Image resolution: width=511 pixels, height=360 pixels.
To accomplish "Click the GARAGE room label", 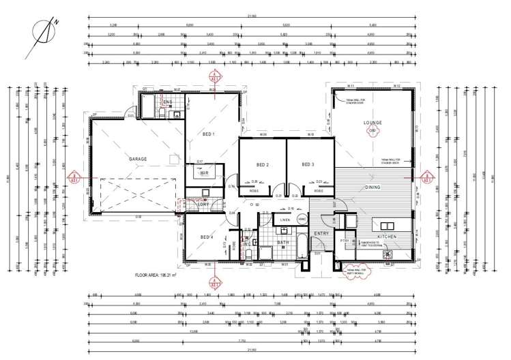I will [x=138, y=159].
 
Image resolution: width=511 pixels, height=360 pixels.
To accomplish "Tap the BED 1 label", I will [x=208, y=134].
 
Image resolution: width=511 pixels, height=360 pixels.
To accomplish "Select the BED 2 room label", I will [x=263, y=165].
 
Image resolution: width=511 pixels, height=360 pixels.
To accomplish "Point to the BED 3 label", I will [x=308, y=165].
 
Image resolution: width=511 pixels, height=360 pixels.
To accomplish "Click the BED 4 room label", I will [x=207, y=237].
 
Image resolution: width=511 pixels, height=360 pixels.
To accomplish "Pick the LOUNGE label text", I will [x=373, y=123].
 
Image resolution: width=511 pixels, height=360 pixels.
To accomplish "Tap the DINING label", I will [x=373, y=187].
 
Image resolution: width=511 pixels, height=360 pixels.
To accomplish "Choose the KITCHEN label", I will [x=387, y=236].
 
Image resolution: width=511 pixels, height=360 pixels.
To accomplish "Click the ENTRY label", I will [x=321, y=234].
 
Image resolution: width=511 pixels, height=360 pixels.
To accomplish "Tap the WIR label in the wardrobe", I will [x=203, y=174].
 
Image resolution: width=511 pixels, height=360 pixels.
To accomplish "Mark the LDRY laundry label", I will [x=203, y=205].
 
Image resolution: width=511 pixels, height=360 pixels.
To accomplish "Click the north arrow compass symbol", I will [x=43, y=31].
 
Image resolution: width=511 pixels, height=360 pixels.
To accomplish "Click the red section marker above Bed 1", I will [x=215, y=77].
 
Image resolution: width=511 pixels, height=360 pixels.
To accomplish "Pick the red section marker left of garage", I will [x=73, y=181].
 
